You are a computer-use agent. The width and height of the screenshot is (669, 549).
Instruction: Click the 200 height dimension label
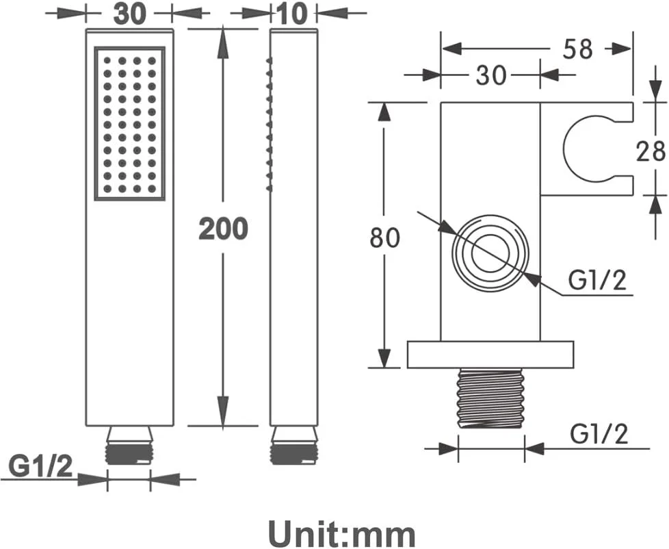223,229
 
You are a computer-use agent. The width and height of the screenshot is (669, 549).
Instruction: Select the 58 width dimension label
578,49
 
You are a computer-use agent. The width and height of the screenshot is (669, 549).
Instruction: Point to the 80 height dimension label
384,238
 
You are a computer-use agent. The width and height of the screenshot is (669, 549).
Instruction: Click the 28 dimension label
651,151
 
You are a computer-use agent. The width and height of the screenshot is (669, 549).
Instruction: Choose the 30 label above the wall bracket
490,75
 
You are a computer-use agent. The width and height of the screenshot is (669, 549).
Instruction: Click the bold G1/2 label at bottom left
41,467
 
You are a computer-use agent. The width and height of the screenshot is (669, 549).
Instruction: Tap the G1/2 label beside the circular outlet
597,281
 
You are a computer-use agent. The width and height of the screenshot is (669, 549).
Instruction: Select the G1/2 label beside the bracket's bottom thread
599,435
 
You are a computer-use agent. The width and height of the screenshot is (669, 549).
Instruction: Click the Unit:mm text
341,533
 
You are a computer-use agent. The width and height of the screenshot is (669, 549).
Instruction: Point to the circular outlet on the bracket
490,254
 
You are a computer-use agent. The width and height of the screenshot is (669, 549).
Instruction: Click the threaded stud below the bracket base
490,398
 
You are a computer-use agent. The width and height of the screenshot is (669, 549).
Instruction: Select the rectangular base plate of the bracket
490,355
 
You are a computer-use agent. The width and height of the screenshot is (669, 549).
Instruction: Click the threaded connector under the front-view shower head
129,445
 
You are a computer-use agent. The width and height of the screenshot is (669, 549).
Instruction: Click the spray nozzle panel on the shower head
129,123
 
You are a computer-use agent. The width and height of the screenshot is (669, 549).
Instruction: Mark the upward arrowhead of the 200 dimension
223,42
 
